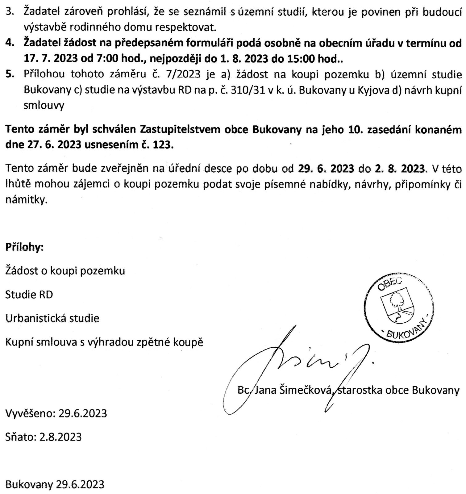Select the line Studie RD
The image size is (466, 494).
click(29, 295)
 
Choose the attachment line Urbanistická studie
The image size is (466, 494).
click(52, 318)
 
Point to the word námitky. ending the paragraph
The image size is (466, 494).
click(27, 200)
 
